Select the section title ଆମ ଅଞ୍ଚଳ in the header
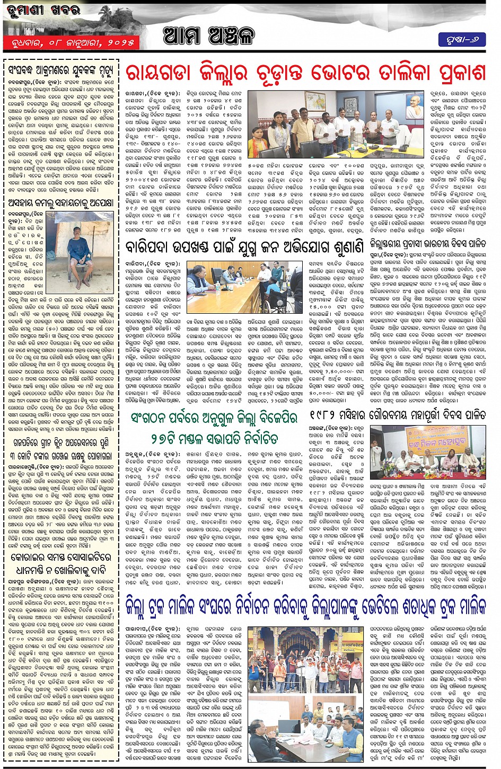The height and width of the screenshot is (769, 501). [x=208, y=36]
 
